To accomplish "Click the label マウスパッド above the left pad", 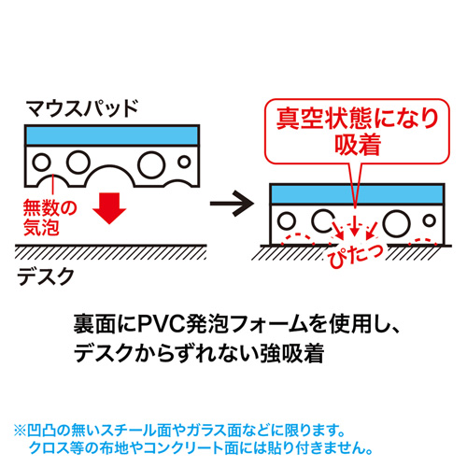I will pyautogui.click(x=82, y=106).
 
